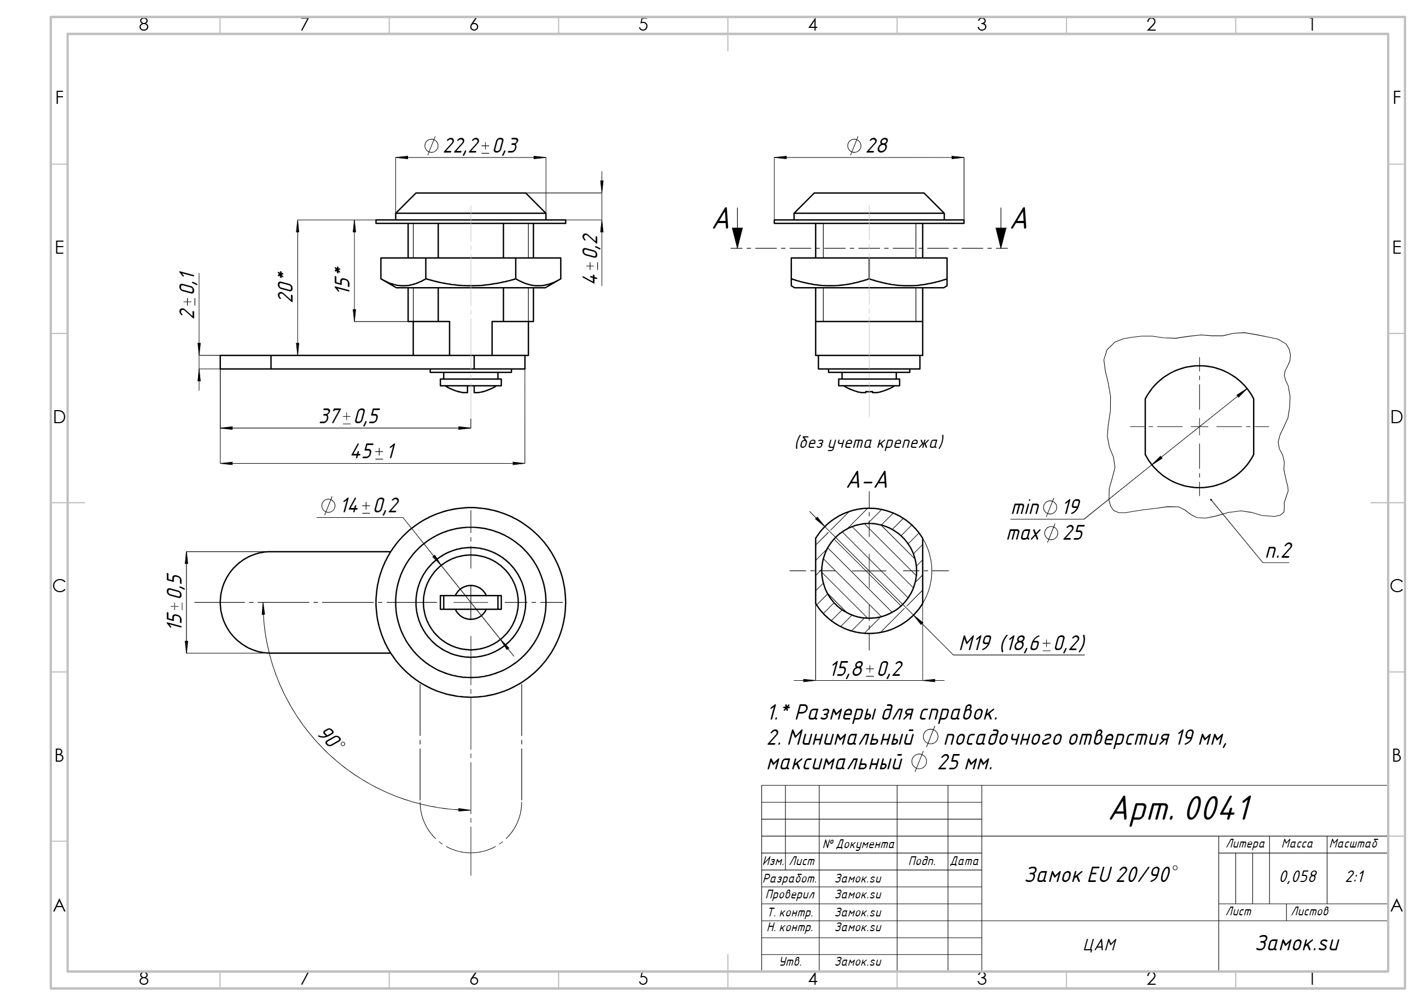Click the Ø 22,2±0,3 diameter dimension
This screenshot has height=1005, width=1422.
click(471, 146)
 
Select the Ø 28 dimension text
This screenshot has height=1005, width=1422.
click(867, 145)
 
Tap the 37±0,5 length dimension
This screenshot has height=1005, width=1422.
click(349, 416)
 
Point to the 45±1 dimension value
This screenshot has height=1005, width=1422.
click(373, 452)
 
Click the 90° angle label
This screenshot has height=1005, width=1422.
click(331, 738)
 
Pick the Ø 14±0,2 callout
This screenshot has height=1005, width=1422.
click(360, 506)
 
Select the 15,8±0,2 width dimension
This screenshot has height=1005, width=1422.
click(866, 669)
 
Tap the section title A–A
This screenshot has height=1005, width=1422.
click(867, 480)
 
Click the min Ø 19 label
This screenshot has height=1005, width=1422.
click(1045, 508)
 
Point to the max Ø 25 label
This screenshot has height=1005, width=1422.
click(1045, 533)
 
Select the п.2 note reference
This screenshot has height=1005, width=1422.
click(1278, 551)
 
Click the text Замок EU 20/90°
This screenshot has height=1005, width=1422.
click(1101, 874)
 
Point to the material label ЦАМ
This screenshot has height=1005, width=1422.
click(1100, 945)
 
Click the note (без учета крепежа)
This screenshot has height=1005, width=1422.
click(869, 442)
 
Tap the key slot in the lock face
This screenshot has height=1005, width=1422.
click(471, 602)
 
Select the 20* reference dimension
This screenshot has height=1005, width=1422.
click(285, 286)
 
